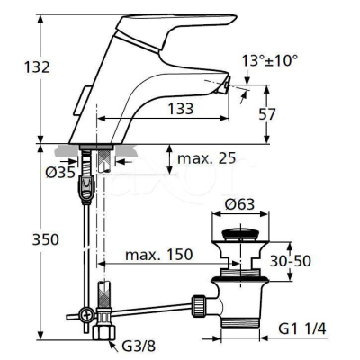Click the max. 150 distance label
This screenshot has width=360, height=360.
[x=160, y=256]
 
